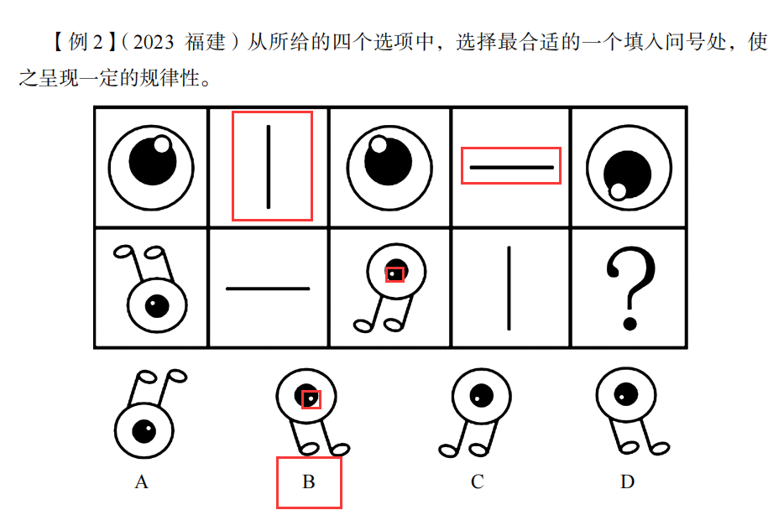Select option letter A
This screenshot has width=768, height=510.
141,482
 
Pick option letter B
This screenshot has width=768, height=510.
308,482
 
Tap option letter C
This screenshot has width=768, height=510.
477,482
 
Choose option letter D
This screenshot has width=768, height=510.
627,482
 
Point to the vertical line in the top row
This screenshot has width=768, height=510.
269,166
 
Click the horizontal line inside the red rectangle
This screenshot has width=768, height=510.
511,167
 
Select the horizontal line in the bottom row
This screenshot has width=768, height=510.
268,289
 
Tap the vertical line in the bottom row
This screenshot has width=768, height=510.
508,289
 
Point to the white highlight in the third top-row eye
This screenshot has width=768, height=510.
379,144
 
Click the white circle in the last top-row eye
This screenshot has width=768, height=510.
619,190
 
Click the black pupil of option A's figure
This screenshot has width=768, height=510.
143,431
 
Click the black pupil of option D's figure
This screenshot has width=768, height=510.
624,392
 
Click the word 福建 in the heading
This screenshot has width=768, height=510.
205,41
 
